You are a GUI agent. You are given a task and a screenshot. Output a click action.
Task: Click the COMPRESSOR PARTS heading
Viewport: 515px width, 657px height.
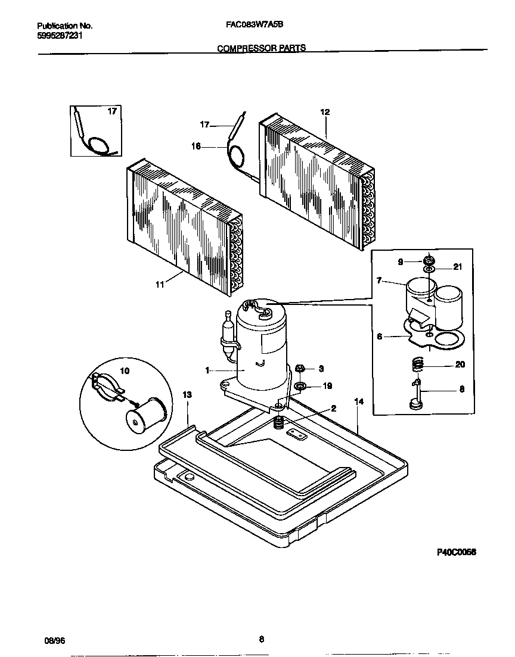click(261, 48)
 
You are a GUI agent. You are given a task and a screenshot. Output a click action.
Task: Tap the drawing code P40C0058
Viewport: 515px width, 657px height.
click(457, 552)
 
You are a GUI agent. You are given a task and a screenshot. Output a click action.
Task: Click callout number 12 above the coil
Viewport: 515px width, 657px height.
click(325, 112)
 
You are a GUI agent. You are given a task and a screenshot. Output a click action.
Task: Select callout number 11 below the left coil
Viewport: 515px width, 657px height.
click(159, 285)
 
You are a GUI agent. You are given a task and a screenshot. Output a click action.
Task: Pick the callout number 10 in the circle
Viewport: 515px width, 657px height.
click(125, 370)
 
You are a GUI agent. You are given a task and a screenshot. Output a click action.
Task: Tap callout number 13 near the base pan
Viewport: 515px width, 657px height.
click(187, 394)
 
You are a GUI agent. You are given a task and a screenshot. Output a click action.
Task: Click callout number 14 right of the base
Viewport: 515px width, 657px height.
click(358, 402)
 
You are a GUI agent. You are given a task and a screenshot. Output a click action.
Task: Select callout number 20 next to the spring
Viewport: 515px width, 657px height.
click(460, 365)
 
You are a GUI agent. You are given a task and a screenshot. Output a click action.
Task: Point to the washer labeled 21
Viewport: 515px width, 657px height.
click(429, 270)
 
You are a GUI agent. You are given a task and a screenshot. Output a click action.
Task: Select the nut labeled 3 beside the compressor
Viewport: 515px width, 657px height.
click(301, 369)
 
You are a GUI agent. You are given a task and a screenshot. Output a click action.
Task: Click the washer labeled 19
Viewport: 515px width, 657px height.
click(300, 386)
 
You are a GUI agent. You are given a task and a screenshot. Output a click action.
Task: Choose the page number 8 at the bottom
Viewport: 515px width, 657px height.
click(261, 640)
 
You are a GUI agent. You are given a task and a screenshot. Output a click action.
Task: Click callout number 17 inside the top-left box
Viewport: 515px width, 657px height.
click(111, 111)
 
